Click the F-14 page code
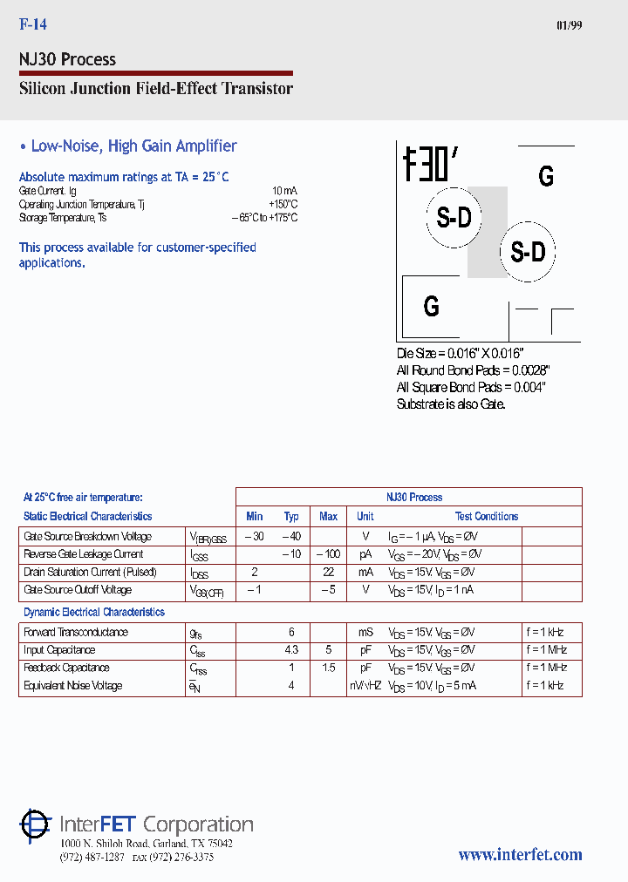point(32,25)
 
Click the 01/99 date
point(569,25)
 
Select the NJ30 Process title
point(67,59)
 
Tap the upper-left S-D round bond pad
point(454,218)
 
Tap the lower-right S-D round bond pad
point(528,253)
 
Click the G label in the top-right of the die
point(546,176)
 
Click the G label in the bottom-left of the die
point(431,306)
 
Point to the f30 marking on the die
point(430,163)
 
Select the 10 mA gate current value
point(284,190)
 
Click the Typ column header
point(291,517)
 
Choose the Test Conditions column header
point(487,517)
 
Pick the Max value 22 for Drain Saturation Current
point(328,572)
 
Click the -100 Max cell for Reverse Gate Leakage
point(328,554)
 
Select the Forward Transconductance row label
point(76,633)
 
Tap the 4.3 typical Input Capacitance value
point(291,650)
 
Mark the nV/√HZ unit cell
point(365,686)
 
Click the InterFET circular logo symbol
point(36,824)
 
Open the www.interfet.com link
point(520,855)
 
